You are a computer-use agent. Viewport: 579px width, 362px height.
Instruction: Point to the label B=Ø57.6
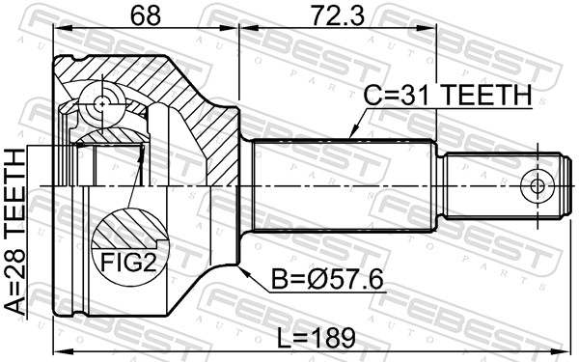329,280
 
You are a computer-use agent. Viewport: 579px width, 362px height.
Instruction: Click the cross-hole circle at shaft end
536,186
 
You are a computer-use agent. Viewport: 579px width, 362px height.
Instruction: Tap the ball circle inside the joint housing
102,100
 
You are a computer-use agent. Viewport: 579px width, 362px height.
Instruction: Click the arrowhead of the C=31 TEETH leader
351,135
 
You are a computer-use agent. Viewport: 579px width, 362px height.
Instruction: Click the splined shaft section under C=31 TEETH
343,186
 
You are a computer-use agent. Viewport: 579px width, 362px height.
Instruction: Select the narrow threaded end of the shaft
502,186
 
